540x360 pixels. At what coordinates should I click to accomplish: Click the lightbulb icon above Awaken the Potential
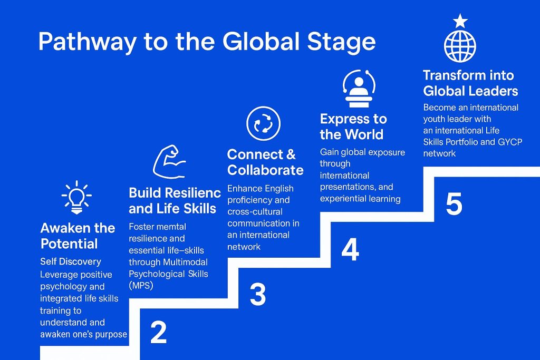pos(76,197)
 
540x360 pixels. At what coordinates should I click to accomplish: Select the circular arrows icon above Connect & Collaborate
pos(264,123)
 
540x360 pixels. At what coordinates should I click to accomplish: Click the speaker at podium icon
pos(359,89)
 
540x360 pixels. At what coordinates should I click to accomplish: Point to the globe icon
pos(460,46)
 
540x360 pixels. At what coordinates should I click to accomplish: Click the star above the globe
pos(460,21)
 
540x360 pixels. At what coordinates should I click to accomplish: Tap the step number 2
pos(158,332)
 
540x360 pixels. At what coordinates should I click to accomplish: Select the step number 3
pos(257,294)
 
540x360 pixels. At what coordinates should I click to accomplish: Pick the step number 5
pos(454,204)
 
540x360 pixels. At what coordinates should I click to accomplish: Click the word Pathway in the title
pos(88,42)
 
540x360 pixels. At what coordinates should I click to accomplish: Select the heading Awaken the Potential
pos(78,236)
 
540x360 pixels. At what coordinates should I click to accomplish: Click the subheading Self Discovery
pos(71,261)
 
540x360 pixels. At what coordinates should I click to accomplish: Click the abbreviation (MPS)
pos(141,286)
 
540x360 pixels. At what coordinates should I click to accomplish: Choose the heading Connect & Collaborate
pos(265,162)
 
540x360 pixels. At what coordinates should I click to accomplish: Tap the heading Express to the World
pos(353,127)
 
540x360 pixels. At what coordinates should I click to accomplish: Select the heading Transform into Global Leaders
pos(470,83)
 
